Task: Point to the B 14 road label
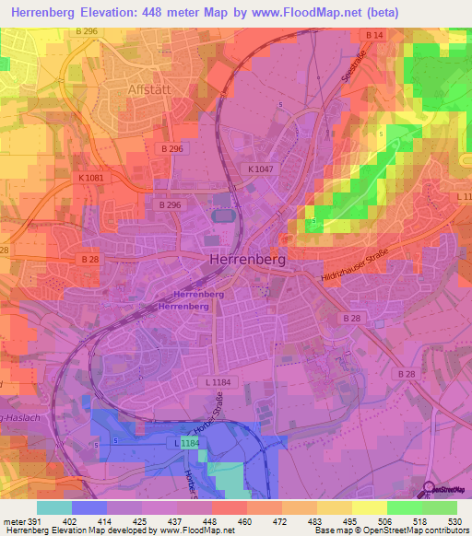click(x=373, y=36)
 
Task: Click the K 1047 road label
click(x=262, y=169)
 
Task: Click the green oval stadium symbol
click(x=222, y=216)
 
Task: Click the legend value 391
click(x=32, y=520)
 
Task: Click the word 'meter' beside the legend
click(x=12, y=520)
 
